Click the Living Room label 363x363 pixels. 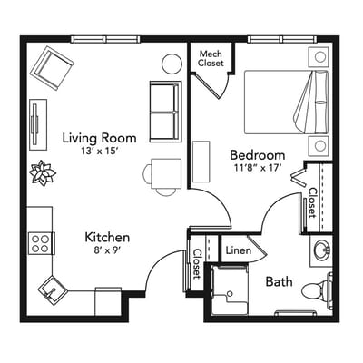click(x=99, y=138)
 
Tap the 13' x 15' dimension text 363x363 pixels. click(x=99, y=152)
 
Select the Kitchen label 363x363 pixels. click(x=107, y=236)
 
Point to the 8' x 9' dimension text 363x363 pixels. click(x=107, y=250)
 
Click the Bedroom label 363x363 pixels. click(x=257, y=154)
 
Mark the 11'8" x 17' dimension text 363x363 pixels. click(x=257, y=169)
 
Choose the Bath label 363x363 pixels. click(x=279, y=281)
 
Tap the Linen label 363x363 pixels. click(x=238, y=250)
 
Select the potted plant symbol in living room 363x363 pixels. click(x=43, y=172)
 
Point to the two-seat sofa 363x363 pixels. click(x=165, y=110)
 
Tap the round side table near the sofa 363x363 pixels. click(x=172, y=64)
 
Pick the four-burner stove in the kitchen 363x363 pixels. click(x=41, y=241)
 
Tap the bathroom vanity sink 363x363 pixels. click(x=320, y=249)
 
